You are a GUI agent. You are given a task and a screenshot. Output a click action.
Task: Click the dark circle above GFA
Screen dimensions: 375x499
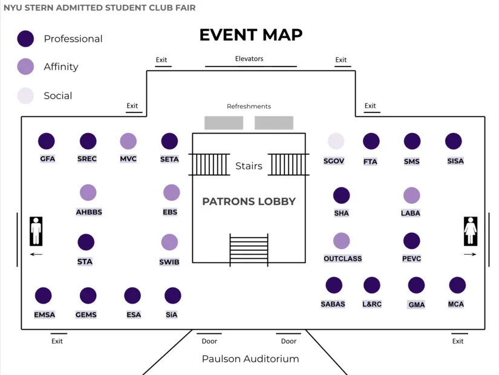[47, 142]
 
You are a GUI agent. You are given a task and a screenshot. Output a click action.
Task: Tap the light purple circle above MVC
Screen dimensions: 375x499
[128, 142]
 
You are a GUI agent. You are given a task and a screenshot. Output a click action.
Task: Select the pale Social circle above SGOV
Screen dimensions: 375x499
[336, 142]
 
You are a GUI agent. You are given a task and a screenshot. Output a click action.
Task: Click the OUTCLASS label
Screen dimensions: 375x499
[342, 259]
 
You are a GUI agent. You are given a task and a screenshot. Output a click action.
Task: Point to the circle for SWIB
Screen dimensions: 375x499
[169, 243]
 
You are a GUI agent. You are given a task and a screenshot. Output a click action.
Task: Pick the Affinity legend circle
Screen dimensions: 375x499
[25, 67]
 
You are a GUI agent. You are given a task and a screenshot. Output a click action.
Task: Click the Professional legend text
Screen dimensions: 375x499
[73, 39]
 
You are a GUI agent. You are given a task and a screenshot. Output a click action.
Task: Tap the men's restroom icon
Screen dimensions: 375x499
[36, 231]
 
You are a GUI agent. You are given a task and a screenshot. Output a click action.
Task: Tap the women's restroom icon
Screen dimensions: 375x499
[470, 231]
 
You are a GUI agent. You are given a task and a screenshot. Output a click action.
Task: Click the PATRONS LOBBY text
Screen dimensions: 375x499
[249, 201]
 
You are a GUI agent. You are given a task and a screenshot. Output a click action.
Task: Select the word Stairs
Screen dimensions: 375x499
[249, 166]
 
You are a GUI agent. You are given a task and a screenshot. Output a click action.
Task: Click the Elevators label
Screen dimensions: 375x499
[249, 59]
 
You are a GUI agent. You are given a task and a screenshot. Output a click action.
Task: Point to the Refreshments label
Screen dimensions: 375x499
[249, 106]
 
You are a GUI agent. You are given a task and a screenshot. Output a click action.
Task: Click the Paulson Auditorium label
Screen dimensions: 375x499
[250, 359]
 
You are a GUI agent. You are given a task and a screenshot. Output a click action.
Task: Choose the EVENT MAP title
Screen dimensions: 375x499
[250, 35]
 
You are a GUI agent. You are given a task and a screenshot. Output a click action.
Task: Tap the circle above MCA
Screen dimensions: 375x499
[457, 285]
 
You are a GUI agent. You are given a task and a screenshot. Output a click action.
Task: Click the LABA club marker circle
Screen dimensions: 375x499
[411, 195]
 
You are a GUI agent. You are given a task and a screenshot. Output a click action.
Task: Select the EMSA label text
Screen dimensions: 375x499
[44, 315]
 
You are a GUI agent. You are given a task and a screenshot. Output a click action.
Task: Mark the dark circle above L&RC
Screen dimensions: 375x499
[371, 285]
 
